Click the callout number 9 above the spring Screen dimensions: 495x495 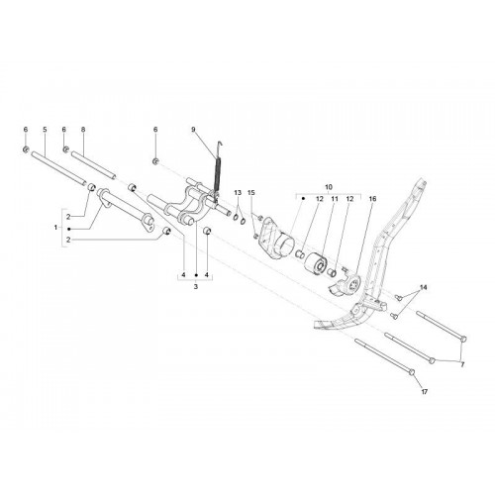[x=193, y=130]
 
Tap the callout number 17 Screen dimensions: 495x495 [x=424, y=392]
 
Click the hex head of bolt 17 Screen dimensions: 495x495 [x=411, y=372]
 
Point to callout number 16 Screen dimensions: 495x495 [x=372, y=199]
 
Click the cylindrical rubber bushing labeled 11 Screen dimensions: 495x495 [x=315, y=263]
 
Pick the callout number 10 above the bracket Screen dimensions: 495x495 [x=329, y=187]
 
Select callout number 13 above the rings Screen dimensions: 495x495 [x=238, y=192]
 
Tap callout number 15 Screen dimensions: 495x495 [x=251, y=192]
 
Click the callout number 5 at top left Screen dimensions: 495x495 [x=45, y=130]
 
